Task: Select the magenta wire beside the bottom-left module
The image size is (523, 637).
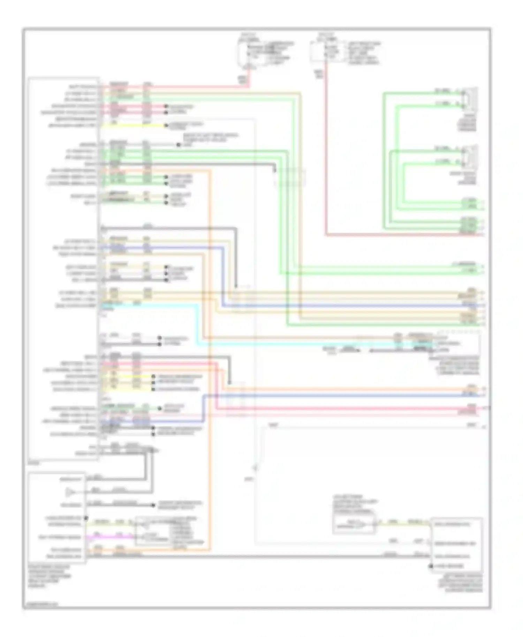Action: tap(108, 537)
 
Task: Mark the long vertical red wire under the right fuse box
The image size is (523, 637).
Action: tap(326, 157)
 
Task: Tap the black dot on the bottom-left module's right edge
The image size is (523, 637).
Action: tap(86, 518)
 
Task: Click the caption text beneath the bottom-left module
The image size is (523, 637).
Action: tap(49, 577)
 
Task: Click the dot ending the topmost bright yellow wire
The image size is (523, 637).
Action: tap(167, 125)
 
